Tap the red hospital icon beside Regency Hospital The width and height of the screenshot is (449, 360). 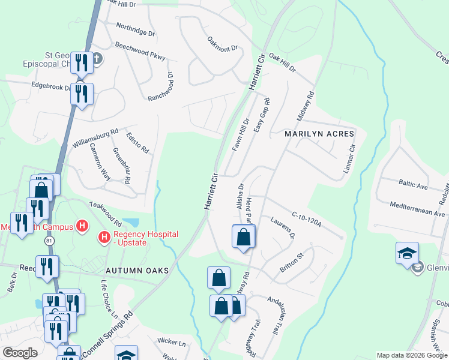(x=104, y=238)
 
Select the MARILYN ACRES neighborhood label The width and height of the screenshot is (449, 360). (x=319, y=133)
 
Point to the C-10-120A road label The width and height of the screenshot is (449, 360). (x=307, y=218)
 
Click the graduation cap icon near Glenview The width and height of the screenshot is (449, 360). (x=406, y=253)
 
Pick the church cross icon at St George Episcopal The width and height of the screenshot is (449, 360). (x=97, y=59)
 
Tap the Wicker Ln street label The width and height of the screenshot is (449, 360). (x=171, y=343)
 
